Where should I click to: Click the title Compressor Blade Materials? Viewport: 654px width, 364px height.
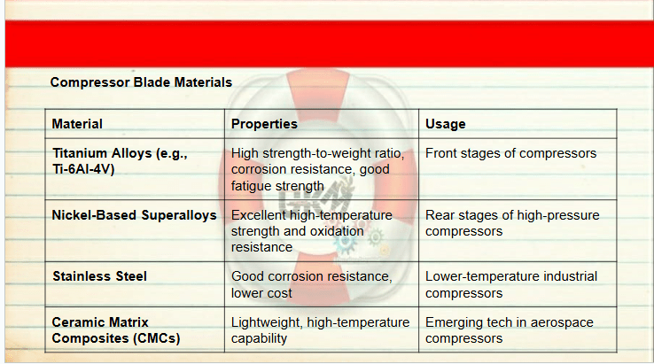[141, 82]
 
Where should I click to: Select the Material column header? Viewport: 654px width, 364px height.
[77, 124]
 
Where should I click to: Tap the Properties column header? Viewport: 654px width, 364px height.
[264, 124]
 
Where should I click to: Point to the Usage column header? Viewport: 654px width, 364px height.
[446, 124]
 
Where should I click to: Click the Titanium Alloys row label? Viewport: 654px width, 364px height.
[120, 161]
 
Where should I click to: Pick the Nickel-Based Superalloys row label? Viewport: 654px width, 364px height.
[135, 215]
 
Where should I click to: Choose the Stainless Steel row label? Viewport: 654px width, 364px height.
[99, 276]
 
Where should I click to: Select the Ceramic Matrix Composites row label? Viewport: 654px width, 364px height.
[116, 329]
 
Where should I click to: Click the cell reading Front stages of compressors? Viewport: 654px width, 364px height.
[511, 153]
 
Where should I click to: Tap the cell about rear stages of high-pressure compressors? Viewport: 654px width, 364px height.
[512, 223]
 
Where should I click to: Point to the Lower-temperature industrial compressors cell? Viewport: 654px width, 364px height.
[511, 285]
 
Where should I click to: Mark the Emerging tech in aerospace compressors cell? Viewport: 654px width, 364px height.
[510, 329]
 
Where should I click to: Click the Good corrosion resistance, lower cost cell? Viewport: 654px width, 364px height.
[312, 285]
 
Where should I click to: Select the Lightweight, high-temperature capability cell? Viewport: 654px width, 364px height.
[320, 329]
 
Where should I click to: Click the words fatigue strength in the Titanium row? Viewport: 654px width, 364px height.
[277, 186]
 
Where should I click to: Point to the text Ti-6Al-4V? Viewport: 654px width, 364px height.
[83, 169]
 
